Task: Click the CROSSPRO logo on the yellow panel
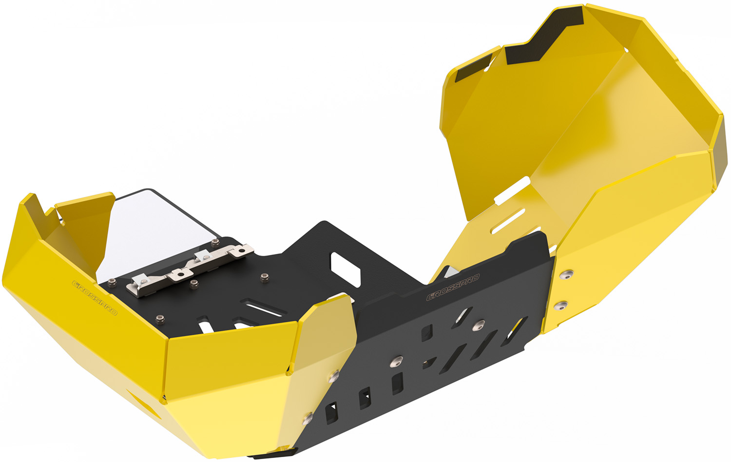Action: [x=95, y=298]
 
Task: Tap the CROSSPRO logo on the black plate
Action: [x=453, y=287]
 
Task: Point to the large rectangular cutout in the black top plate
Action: [x=346, y=269]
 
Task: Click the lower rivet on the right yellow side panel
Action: [x=560, y=306]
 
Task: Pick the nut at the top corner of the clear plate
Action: [x=215, y=242]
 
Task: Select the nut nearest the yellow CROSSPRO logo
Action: [x=112, y=283]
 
